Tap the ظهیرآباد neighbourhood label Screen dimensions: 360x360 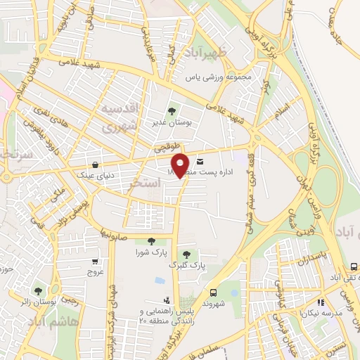(203, 53)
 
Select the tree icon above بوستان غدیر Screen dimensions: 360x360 (172, 111)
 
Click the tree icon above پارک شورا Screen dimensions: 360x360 (151, 241)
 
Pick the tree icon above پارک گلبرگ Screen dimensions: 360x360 (186, 255)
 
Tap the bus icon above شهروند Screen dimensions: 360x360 (212, 292)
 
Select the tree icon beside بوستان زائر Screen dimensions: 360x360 (38, 290)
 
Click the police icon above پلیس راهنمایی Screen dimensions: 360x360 (166, 300)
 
